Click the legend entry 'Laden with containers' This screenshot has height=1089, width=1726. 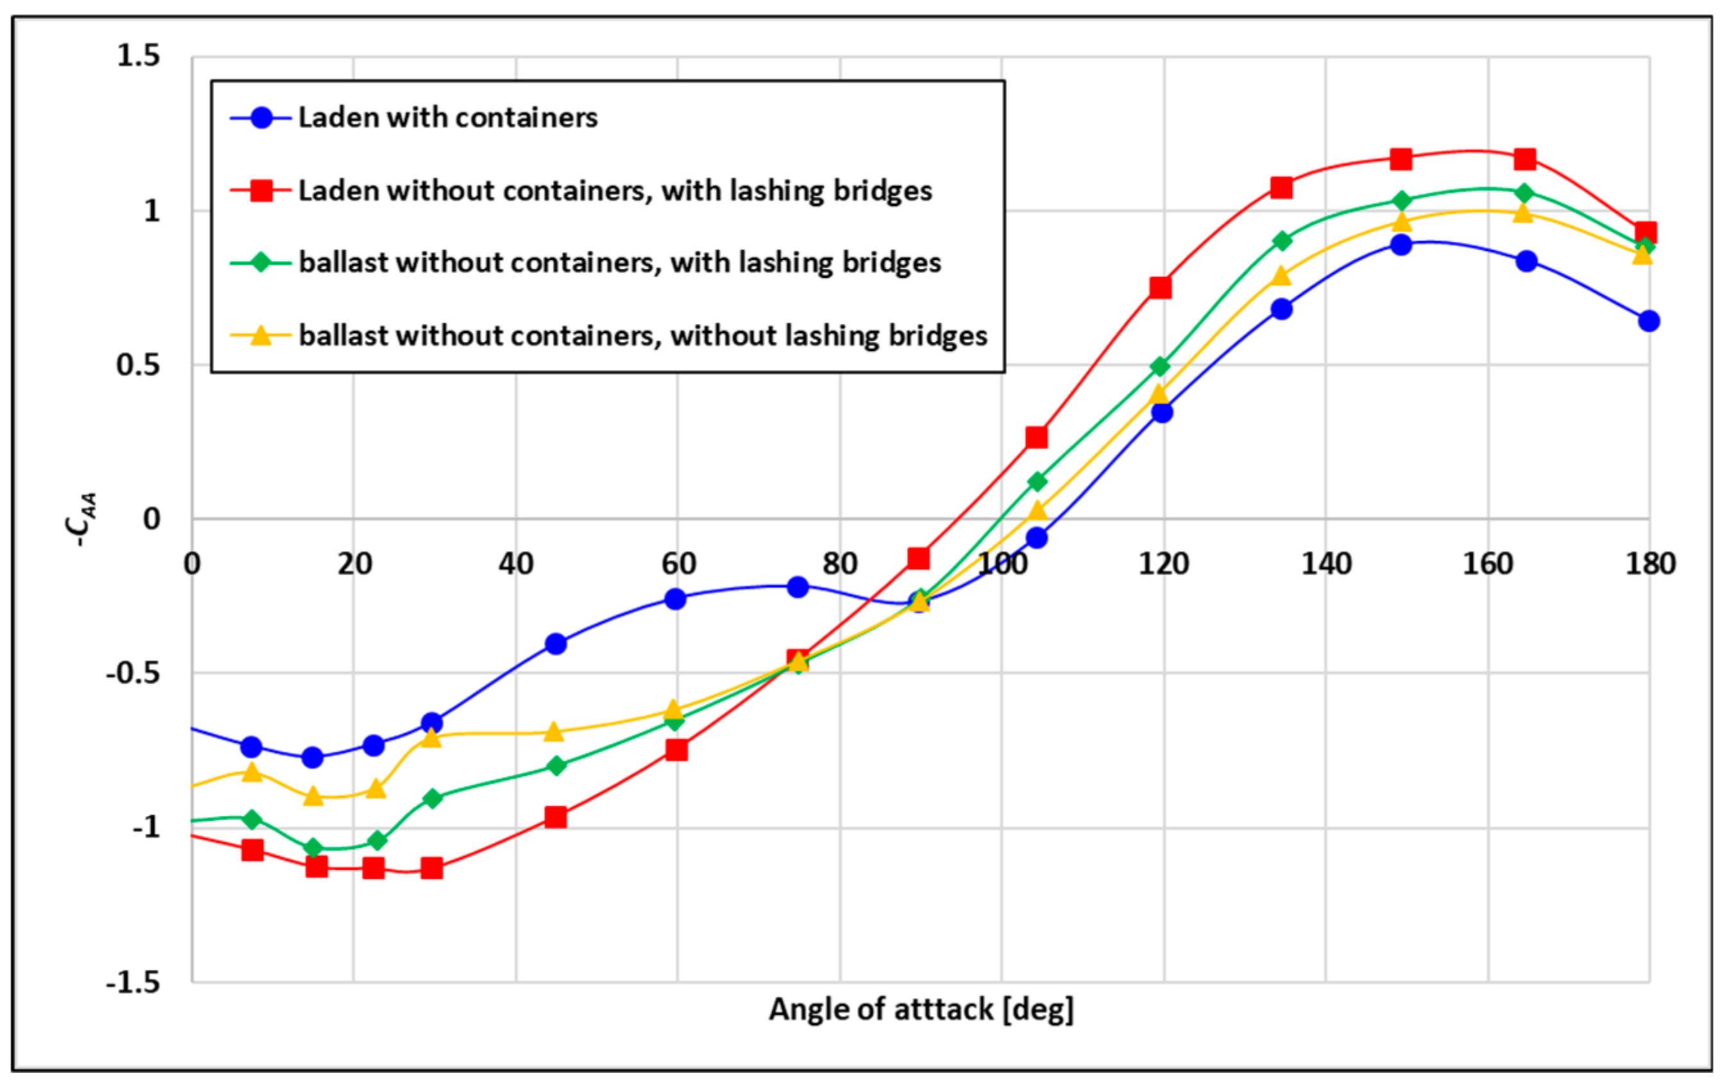[x=447, y=117]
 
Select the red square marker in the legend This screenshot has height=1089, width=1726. [x=262, y=190]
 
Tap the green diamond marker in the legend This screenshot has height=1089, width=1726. [x=262, y=263]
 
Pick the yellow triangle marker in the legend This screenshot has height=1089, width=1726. [x=262, y=335]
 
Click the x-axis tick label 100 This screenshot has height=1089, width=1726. [x=1001, y=564]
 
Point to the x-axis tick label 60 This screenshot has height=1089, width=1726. [x=677, y=564]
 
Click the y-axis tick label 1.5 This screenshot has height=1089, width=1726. [x=139, y=56]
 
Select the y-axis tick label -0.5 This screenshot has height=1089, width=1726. [x=133, y=673]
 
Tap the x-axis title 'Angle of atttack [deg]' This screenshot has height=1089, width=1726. [x=921, y=1009]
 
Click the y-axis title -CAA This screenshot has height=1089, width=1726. [x=81, y=519]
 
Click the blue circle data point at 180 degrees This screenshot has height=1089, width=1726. [x=1648, y=321]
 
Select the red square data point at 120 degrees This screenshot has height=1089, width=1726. [x=1160, y=287]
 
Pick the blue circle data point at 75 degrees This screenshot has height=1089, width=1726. [x=798, y=587]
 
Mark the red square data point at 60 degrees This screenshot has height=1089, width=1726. [x=677, y=750]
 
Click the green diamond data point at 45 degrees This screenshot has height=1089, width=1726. [x=555, y=766]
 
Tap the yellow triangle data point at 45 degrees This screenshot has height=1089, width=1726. [x=554, y=732]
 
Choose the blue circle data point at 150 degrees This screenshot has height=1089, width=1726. [x=1401, y=244]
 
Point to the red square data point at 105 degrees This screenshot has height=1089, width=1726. [x=1036, y=437]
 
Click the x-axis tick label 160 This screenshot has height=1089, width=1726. [x=1487, y=564]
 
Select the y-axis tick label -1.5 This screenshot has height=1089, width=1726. [x=133, y=981]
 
